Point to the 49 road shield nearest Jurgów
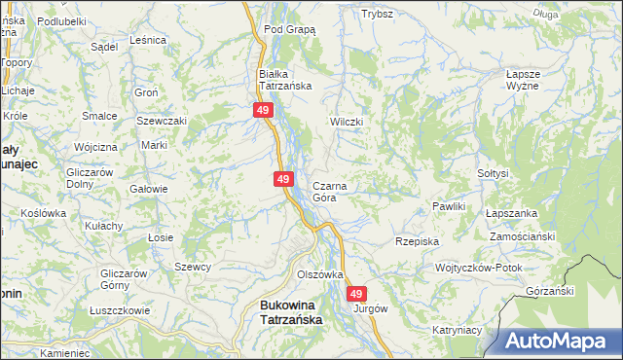click(x=357, y=293)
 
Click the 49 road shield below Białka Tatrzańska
click(x=263, y=111)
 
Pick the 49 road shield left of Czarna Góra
click(x=283, y=179)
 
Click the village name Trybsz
click(x=377, y=15)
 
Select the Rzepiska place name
click(x=418, y=240)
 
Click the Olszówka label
click(x=320, y=274)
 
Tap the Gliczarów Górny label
click(x=123, y=279)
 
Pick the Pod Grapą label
click(x=290, y=30)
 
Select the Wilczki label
click(x=347, y=122)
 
